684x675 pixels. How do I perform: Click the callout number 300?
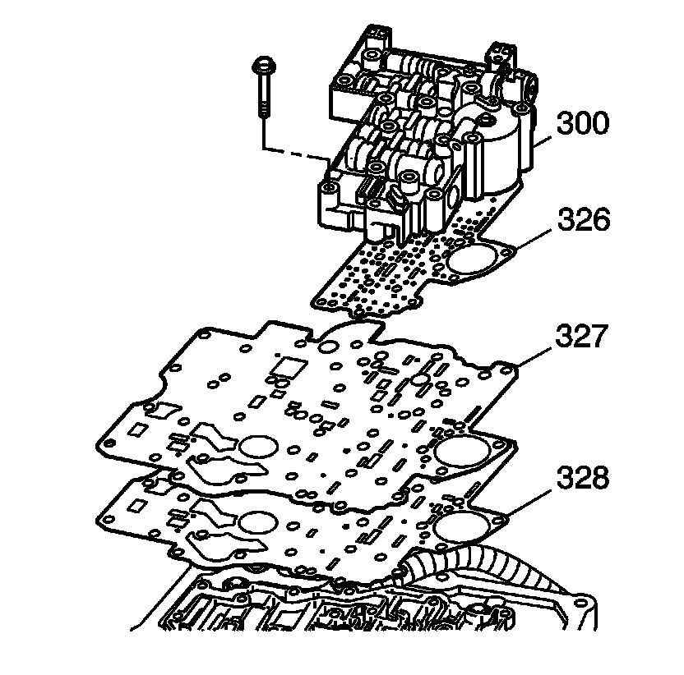coord(583,124)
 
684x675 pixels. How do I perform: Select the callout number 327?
coord(583,337)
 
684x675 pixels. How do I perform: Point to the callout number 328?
coord(583,478)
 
